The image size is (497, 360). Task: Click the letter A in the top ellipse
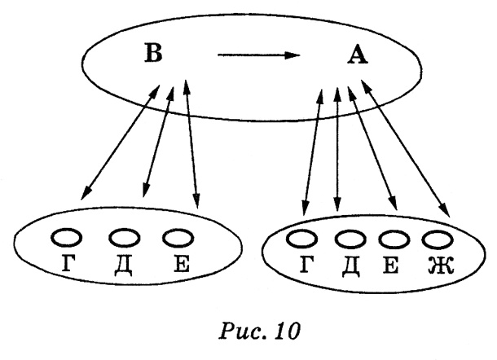[x=356, y=55]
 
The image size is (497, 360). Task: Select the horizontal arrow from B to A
[x=258, y=56]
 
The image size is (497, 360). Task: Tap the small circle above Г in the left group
[x=67, y=237]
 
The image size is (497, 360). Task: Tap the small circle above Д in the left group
[x=124, y=237]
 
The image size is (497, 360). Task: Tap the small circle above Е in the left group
[x=178, y=237]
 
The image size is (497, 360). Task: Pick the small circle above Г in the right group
[x=303, y=239]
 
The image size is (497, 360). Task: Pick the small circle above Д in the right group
[x=348, y=239]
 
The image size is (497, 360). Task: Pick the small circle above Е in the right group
[x=392, y=239]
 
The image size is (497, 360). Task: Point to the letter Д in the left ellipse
[x=124, y=264]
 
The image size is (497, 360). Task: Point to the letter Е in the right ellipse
[x=391, y=265]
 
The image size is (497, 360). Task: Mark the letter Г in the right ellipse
[x=305, y=265]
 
